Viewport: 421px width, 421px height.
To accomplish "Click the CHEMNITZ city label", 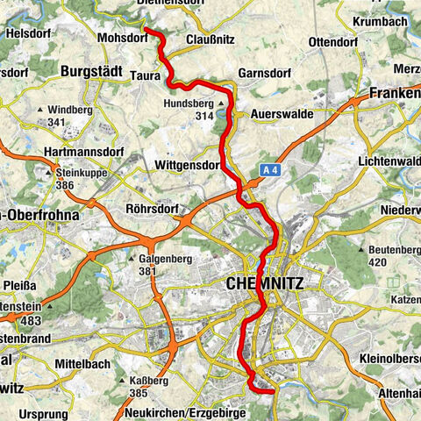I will click(x=265, y=284).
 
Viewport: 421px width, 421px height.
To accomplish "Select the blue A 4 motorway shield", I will click(x=269, y=174).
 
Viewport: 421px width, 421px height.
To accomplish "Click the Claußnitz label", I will click(x=210, y=39).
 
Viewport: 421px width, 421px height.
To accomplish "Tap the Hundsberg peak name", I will click(x=188, y=103).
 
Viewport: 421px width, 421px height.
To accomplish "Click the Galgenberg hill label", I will click(x=163, y=259).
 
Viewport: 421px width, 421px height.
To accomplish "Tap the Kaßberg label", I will click(x=149, y=382).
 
